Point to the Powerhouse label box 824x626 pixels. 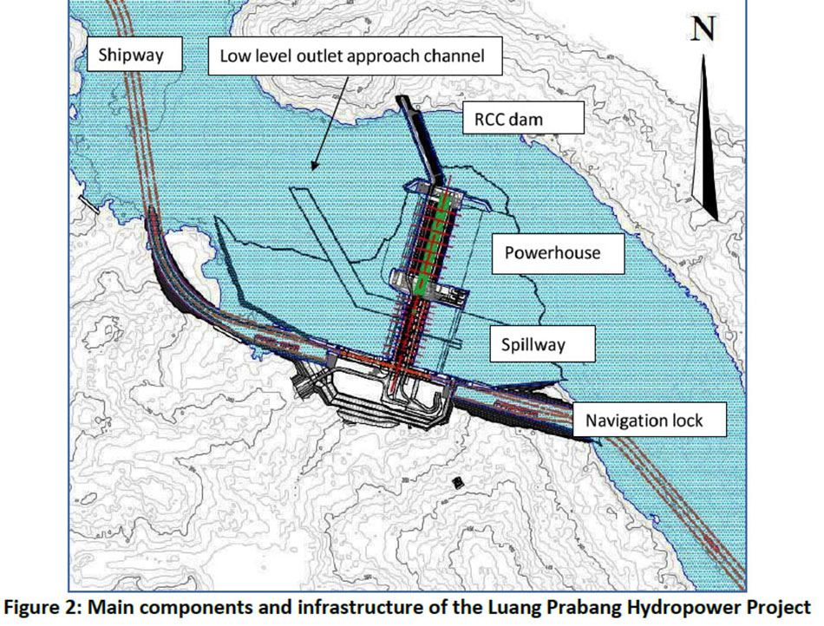click(x=553, y=253)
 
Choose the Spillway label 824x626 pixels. click(x=533, y=344)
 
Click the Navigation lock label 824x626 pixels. click(x=643, y=421)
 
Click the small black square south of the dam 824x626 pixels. click(x=457, y=479)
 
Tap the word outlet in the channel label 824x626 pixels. click(x=317, y=58)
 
